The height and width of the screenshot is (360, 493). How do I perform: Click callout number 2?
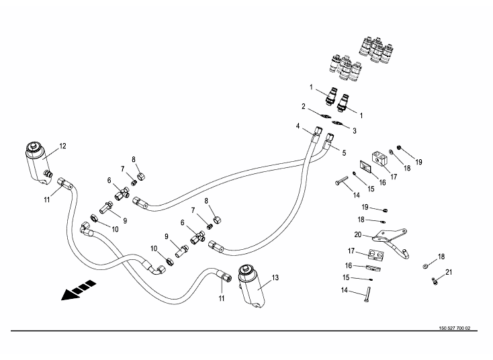tap(304, 106)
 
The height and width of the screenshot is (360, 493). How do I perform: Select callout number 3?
tap(355, 130)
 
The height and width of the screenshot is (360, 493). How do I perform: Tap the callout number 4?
tap(298, 126)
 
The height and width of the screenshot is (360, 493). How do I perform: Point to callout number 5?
tap(344, 153)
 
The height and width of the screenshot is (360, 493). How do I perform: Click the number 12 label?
tap(62, 146)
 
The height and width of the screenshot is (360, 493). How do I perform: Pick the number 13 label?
tap(275, 277)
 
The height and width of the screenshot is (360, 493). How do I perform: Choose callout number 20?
tap(358, 234)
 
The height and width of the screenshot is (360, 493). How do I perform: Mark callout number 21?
tap(449, 272)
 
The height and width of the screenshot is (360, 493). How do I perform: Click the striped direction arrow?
tap(75, 291)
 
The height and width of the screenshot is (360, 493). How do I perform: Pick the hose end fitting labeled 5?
tap(329, 140)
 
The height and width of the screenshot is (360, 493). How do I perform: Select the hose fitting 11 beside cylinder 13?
tap(222, 275)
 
